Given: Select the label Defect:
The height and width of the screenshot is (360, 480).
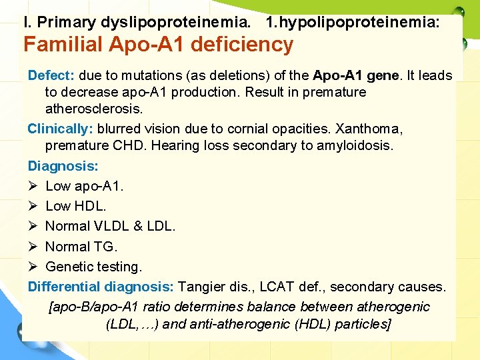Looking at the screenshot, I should click(x=51, y=76).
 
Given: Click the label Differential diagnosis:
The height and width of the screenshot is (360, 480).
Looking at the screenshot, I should click(x=101, y=287).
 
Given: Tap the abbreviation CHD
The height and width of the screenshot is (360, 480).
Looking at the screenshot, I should click(x=128, y=145).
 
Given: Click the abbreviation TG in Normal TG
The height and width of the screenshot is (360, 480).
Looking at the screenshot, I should click(x=105, y=247).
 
